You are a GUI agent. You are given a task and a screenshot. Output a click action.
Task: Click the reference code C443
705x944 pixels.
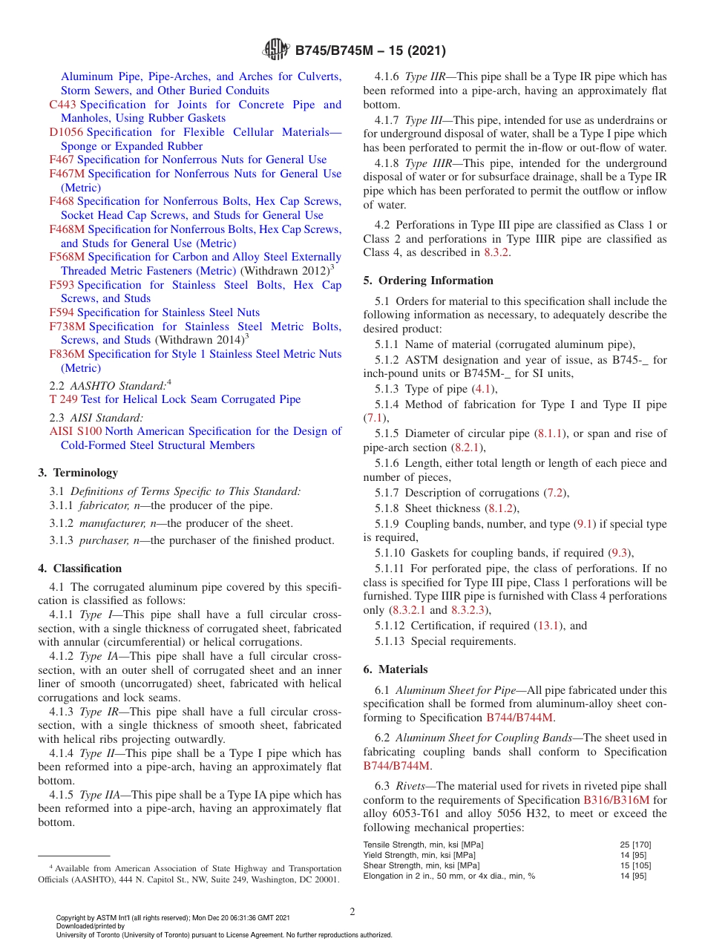coord(62,105)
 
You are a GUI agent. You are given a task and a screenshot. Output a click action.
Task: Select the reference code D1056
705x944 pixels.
coord(66,132)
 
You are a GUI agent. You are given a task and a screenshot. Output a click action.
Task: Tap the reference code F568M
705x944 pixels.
coord(67,257)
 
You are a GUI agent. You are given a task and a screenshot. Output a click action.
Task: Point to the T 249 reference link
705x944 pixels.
coord(63,399)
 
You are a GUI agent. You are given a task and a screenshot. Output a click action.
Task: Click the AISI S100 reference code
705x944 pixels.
coord(75,431)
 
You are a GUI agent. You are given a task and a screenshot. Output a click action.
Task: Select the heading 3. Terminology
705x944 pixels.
coord(78,473)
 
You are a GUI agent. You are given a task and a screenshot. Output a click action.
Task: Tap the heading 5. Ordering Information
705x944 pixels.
coord(428,281)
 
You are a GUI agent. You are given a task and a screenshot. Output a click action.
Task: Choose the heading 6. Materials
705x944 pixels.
coord(395,669)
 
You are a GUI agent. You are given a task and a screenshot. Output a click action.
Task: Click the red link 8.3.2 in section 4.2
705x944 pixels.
coord(497,252)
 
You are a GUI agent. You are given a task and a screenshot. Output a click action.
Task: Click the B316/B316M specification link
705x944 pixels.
coord(616,800)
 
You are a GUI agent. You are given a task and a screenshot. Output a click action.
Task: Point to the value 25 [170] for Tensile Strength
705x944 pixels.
coord(636,845)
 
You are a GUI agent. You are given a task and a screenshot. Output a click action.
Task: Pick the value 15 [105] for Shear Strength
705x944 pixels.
coord(636,865)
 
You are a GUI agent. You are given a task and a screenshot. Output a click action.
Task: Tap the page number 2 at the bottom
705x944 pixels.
coord(352,912)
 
